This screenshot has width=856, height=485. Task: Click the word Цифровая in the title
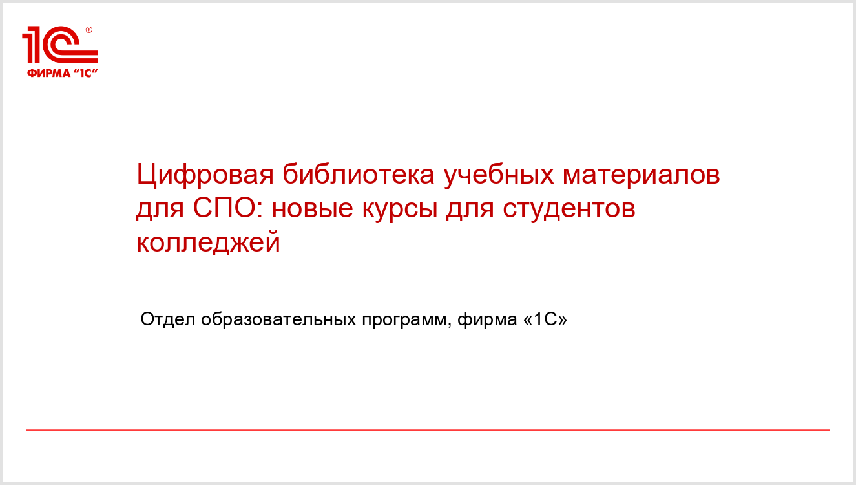(x=205, y=175)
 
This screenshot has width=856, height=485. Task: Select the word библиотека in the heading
(x=359, y=174)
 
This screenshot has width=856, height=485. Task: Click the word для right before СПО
(x=160, y=210)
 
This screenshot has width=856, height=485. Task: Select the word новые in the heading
(x=312, y=210)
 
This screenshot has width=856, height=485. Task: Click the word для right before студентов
(x=470, y=210)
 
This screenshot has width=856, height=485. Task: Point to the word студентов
(x=569, y=210)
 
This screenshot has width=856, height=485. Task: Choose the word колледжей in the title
(x=209, y=242)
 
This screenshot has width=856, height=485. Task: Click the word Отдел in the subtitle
(x=168, y=319)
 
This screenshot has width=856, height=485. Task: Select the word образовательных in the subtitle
(x=278, y=319)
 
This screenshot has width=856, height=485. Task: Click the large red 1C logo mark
(x=60, y=45)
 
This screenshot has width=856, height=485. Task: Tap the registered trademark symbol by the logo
(x=89, y=30)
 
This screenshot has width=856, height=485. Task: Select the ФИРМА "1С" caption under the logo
(x=62, y=73)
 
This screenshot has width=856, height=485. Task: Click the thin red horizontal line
(x=428, y=430)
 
